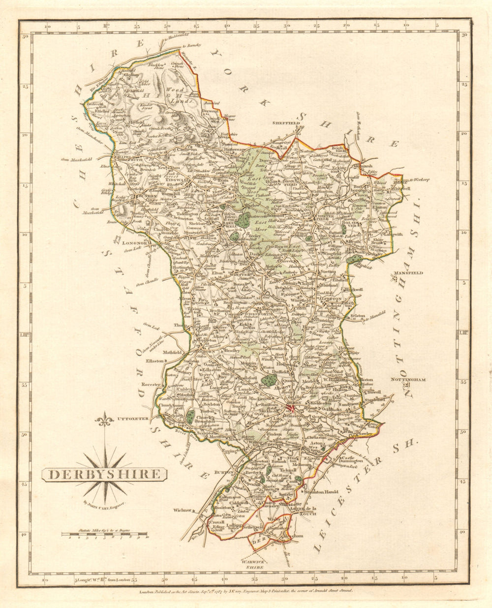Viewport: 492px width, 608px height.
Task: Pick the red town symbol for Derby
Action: tap(291, 408)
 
